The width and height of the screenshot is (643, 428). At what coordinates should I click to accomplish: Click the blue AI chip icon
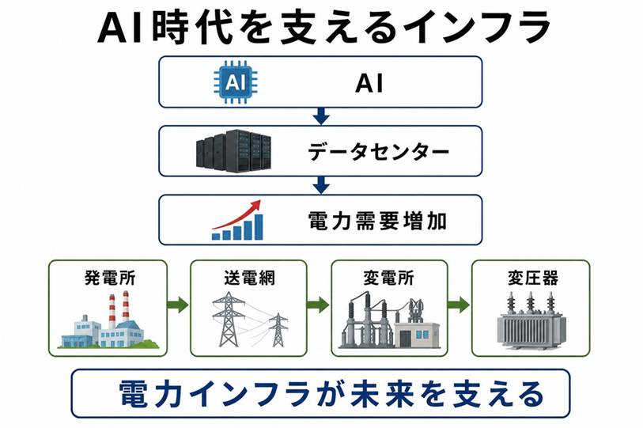click(x=236, y=82)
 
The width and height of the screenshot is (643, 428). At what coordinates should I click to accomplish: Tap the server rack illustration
click(x=234, y=150)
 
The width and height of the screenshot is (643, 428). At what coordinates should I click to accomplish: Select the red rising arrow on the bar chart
click(x=237, y=214)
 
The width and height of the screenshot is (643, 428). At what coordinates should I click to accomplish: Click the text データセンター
click(x=378, y=152)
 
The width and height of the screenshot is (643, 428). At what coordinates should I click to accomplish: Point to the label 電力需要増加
click(x=376, y=221)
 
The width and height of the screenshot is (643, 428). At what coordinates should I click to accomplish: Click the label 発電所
click(x=110, y=278)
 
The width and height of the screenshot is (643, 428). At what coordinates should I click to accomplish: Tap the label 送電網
click(x=249, y=278)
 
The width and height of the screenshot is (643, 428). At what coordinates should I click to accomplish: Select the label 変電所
click(x=389, y=278)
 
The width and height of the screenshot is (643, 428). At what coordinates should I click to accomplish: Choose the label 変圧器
click(x=533, y=278)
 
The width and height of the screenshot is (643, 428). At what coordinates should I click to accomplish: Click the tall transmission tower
click(x=228, y=319)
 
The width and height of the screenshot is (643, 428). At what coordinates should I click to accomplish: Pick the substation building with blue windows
click(x=417, y=335)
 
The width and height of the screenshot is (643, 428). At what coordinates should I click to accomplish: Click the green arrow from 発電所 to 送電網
click(x=178, y=305)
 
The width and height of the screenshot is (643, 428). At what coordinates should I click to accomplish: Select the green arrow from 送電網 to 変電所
click(x=318, y=305)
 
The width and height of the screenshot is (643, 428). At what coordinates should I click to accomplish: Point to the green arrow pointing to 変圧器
click(x=459, y=305)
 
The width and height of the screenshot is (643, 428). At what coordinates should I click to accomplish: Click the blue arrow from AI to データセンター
click(x=321, y=116)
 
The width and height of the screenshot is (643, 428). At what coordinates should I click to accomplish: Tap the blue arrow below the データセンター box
click(x=321, y=185)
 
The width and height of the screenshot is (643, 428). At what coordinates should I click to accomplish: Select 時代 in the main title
click(x=192, y=28)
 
